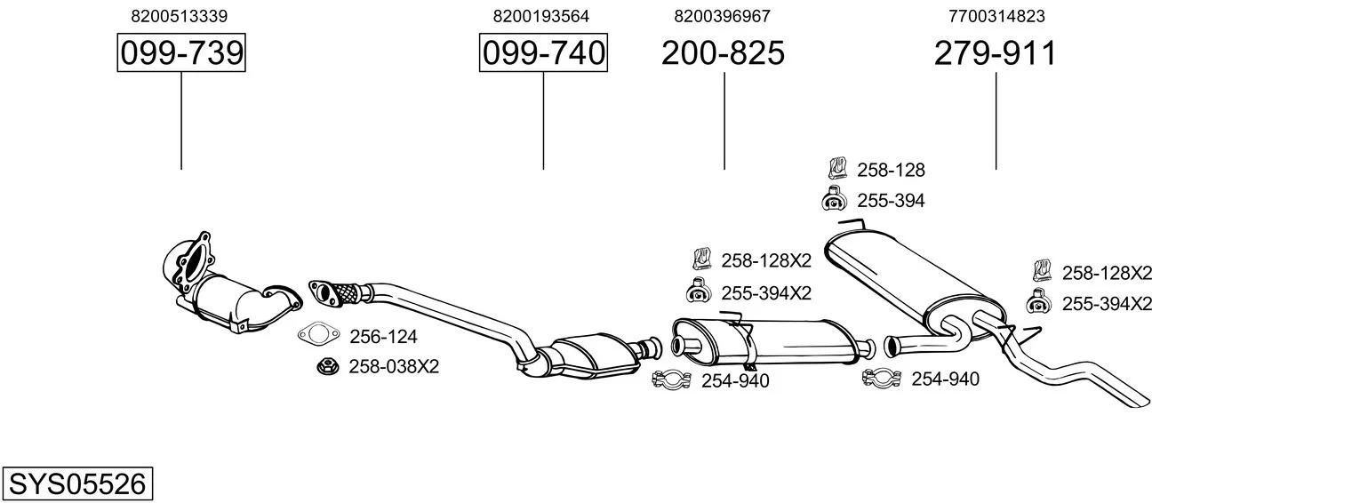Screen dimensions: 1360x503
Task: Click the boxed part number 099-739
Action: pyautogui.click(x=181, y=52)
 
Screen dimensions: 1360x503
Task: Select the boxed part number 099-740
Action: pyautogui.click(x=543, y=52)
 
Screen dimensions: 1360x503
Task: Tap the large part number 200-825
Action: pyautogui.click(x=723, y=52)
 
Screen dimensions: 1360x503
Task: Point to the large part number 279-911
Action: pyautogui.click(x=996, y=52)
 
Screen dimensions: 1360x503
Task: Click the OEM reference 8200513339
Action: pyautogui.click(x=179, y=16)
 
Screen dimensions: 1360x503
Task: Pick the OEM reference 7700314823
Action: pyautogui.click(x=996, y=16)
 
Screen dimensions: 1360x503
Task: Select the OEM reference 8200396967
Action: pyautogui.click(x=722, y=16)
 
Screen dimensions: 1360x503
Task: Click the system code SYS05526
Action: pyautogui.click(x=77, y=484)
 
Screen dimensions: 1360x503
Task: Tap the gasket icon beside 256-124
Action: pyautogui.click(x=318, y=334)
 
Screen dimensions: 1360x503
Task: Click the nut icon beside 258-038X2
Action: pyautogui.click(x=328, y=366)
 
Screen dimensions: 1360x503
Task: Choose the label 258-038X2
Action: pyautogui.click(x=394, y=366)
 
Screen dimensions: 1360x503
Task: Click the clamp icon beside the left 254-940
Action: pyautogui.click(x=671, y=380)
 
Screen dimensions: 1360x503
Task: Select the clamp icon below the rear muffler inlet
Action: pyautogui.click(x=882, y=379)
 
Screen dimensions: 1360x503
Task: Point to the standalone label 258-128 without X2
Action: pyautogui.click(x=891, y=170)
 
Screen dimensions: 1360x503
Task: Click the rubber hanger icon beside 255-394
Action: pyautogui.click(x=834, y=199)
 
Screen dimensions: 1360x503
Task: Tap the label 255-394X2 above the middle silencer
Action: pyautogui.click(x=766, y=293)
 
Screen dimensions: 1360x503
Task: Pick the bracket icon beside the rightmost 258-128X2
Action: pyautogui.click(x=1042, y=271)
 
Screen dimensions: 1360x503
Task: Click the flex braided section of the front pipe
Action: pyautogui.click(x=346, y=293)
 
